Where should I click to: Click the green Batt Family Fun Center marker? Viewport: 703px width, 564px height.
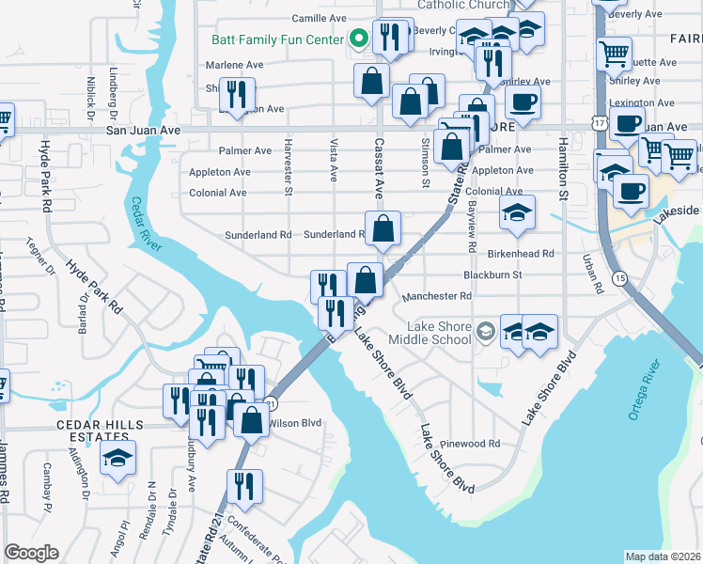pyautogui.click(x=358, y=39)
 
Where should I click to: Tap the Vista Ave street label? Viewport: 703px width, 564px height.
pyautogui.click(x=334, y=162)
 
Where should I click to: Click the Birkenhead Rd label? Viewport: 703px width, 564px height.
pyautogui.click(x=521, y=254)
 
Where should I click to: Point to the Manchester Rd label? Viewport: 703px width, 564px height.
pyautogui.click(x=436, y=296)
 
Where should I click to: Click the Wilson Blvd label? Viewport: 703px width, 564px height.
pyautogui.click(x=295, y=423)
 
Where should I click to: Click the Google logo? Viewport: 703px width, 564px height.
pyautogui.click(x=31, y=553)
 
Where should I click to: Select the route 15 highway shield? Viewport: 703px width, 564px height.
pyautogui.click(x=618, y=279)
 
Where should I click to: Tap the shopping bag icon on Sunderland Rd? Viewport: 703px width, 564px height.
pyautogui.click(x=383, y=228)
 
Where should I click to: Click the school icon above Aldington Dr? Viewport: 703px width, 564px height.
pyautogui.click(x=117, y=460)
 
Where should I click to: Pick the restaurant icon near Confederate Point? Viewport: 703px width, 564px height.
pyautogui.click(x=244, y=487)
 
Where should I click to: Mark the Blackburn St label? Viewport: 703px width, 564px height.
pyautogui.click(x=492, y=274)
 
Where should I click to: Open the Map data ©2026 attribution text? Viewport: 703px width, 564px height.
pyautogui.click(x=664, y=556)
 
